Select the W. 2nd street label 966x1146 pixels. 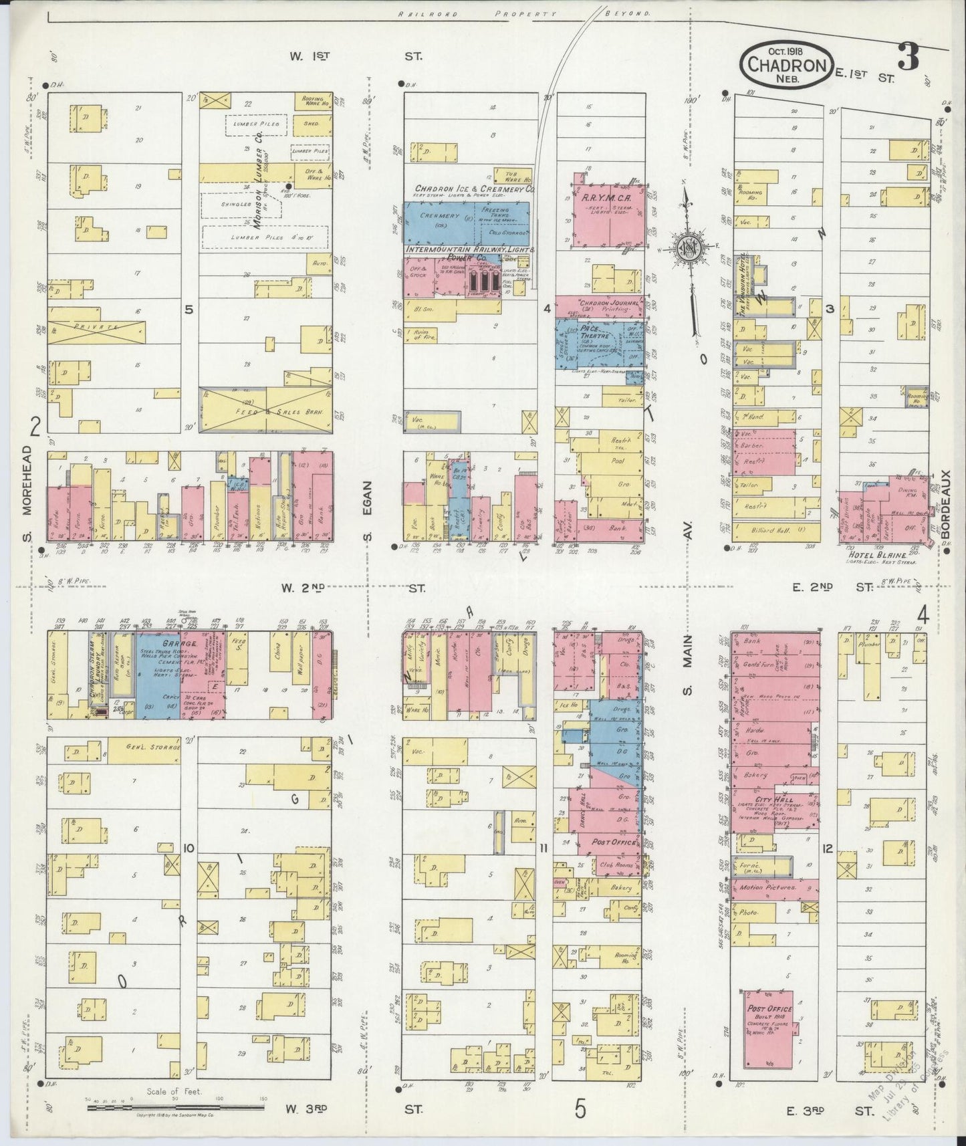point(302,588)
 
